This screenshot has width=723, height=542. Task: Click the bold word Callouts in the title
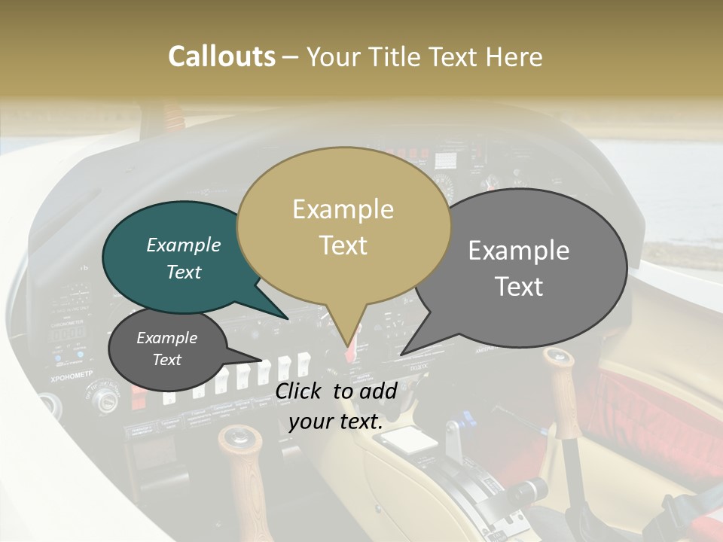(x=221, y=56)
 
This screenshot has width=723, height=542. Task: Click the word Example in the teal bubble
(x=183, y=245)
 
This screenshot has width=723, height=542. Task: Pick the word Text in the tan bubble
(x=343, y=245)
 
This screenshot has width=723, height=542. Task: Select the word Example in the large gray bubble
(x=519, y=251)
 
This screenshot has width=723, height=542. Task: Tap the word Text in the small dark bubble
(x=166, y=360)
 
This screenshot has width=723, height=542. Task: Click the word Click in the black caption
(x=301, y=391)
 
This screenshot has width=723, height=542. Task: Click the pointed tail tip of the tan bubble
(x=347, y=348)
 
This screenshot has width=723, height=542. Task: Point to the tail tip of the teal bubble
(x=287, y=318)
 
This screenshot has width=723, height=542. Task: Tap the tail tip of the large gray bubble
(x=402, y=354)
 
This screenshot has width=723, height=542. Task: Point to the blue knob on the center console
(x=466, y=416)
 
